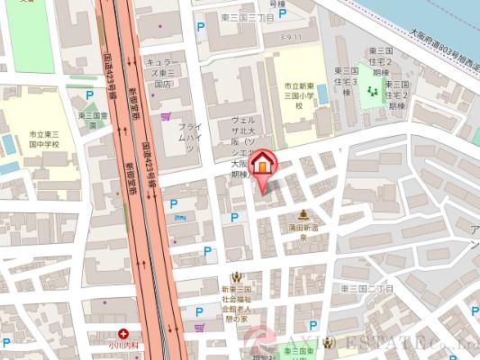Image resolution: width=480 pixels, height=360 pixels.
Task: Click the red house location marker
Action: (262, 165)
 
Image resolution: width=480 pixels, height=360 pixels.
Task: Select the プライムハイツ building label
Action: (188, 138)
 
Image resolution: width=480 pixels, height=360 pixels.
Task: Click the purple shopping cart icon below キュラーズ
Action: (165, 116)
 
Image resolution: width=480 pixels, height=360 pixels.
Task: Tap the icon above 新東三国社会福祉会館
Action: (236, 276)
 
